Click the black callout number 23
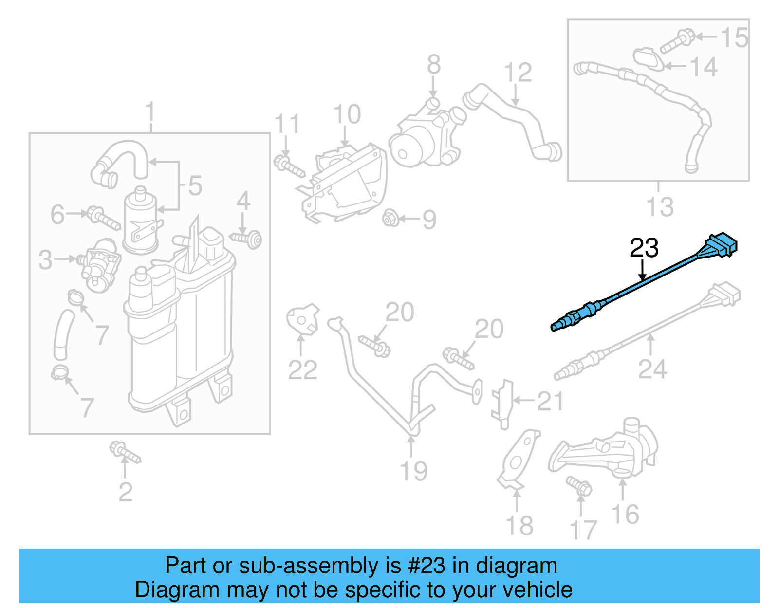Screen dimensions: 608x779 [644, 248]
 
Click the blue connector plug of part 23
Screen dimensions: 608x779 [721, 245]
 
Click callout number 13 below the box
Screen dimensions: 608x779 [660, 206]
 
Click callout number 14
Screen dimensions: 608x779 [704, 67]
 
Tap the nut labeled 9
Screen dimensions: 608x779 [391, 219]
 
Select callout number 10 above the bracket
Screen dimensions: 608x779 [347, 114]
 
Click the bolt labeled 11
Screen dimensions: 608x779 [289, 166]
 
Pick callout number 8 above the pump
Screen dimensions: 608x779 [434, 65]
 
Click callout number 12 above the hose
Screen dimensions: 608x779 [518, 73]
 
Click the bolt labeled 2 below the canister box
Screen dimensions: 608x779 [125, 453]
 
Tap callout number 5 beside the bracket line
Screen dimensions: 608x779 [195, 185]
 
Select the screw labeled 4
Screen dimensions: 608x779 [248, 238]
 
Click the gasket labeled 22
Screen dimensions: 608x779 [302, 320]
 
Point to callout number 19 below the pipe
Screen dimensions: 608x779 [413, 471]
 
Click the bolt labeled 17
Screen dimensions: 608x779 [579, 486]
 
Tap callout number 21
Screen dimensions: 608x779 [550, 401]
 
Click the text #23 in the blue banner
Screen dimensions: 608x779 [426, 566]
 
